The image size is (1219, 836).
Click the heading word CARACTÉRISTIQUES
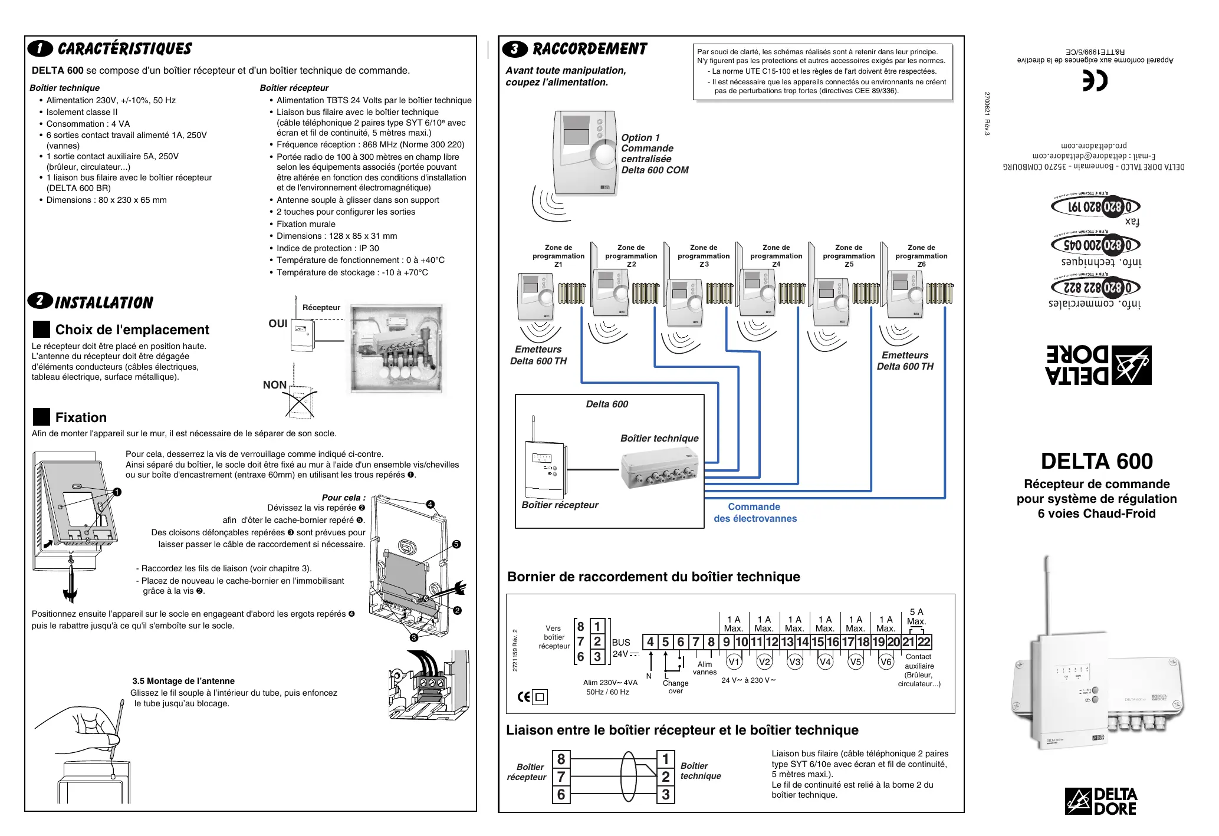click(x=124, y=49)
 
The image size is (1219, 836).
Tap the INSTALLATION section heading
click(x=104, y=303)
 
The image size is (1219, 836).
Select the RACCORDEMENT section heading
click(x=590, y=49)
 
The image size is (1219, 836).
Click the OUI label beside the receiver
click(x=278, y=324)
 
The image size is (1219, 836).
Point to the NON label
click(x=275, y=385)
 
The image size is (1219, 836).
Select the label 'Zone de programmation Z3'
click(x=704, y=256)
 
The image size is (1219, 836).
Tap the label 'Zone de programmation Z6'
click(x=921, y=256)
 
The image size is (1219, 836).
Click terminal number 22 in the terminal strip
click(x=924, y=642)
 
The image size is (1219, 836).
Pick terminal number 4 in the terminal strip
click(x=650, y=642)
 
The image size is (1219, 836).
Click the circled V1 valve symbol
click(x=734, y=662)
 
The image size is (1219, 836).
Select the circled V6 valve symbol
click(x=886, y=662)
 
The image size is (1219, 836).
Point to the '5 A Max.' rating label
click(x=916, y=617)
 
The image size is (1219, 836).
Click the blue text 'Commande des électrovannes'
click(x=755, y=513)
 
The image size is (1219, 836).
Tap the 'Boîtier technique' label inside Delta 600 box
click(x=659, y=438)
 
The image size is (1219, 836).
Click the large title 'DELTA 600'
click(x=1096, y=461)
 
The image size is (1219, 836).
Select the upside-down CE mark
click(x=1095, y=81)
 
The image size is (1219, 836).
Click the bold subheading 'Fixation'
click(x=81, y=417)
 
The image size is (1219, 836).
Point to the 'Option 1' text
click(x=640, y=137)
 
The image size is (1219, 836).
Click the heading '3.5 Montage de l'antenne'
click(x=183, y=681)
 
